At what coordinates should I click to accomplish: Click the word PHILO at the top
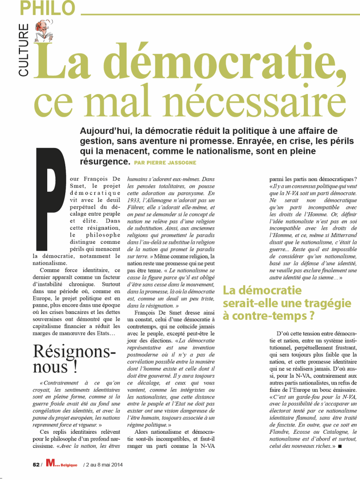[x=49, y=8]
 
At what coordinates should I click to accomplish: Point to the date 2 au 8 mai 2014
[x=103, y=464]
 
